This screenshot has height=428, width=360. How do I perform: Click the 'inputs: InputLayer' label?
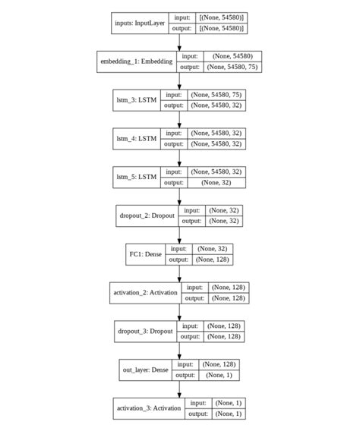141,23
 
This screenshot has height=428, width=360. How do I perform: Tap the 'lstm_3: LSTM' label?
137,100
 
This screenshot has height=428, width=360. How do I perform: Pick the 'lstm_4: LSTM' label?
137,138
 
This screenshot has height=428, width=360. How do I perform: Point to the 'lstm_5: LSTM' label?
137,177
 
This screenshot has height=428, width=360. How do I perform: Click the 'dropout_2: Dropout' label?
147,216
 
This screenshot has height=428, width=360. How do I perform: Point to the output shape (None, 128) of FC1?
213,260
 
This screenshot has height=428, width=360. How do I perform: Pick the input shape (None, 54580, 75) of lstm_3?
216,95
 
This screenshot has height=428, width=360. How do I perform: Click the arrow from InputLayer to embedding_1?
180,42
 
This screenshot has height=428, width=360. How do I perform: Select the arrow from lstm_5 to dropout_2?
180,196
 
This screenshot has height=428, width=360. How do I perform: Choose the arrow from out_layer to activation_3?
180,389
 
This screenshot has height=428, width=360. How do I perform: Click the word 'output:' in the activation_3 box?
197,414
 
